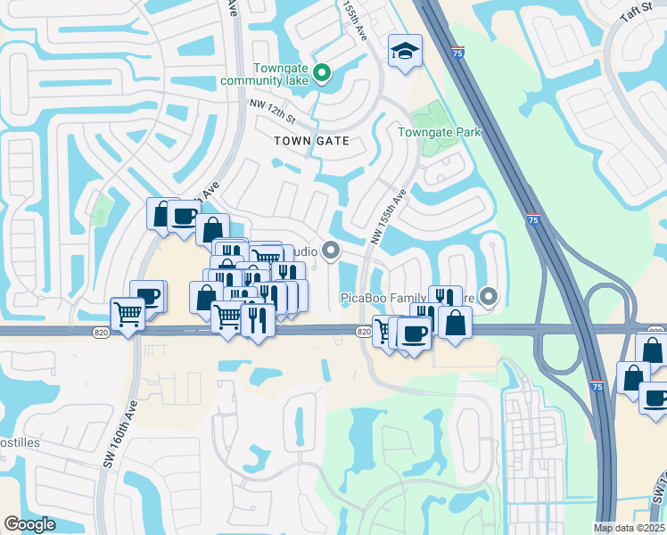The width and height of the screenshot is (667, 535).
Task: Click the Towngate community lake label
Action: (x=280, y=74)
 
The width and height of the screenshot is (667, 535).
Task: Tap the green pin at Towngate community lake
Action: (x=325, y=74)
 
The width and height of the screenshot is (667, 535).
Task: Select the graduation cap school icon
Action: (x=405, y=51)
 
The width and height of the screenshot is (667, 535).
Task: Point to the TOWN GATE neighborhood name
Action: (x=311, y=141)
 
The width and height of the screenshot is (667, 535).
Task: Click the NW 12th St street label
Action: (x=271, y=111)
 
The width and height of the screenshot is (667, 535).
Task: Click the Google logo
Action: (x=29, y=524)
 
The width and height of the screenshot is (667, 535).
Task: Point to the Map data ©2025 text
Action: (x=630, y=528)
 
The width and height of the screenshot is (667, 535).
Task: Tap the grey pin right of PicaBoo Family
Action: (x=489, y=297)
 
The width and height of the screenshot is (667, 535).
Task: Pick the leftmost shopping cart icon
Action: (x=128, y=314)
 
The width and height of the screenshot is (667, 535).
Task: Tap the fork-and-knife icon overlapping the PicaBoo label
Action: (x=443, y=299)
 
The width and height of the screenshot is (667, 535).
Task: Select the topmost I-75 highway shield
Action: (x=457, y=53)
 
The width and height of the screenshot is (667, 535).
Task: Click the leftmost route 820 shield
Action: (x=100, y=331)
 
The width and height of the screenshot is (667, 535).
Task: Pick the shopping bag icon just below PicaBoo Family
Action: (x=455, y=323)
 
